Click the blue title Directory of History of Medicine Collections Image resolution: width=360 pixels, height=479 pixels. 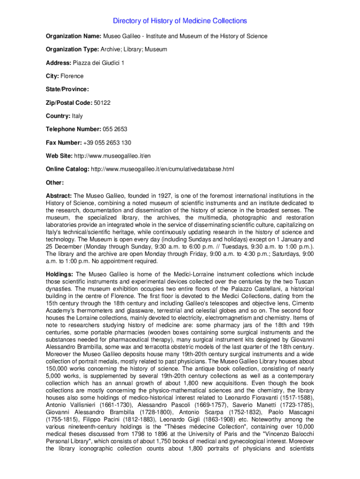pyautogui.click(x=180, y=21)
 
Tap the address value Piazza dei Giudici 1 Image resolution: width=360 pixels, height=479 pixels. pyautogui.click(x=99, y=63)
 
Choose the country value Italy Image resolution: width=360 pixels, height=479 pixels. pyautogui.click(x=77, y=116)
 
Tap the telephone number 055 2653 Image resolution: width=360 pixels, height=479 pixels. pyautogui.click(x=115, y=129)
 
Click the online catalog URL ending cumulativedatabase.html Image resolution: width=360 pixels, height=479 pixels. pyautogui.click(x=162, y=169)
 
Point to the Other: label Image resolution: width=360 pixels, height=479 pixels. pyautogui.click(x=55, y=182)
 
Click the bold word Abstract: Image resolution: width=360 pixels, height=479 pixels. pyautogui.click(x=58, y=196)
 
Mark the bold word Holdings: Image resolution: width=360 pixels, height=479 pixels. pyautogui.click(x=59, y=274)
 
